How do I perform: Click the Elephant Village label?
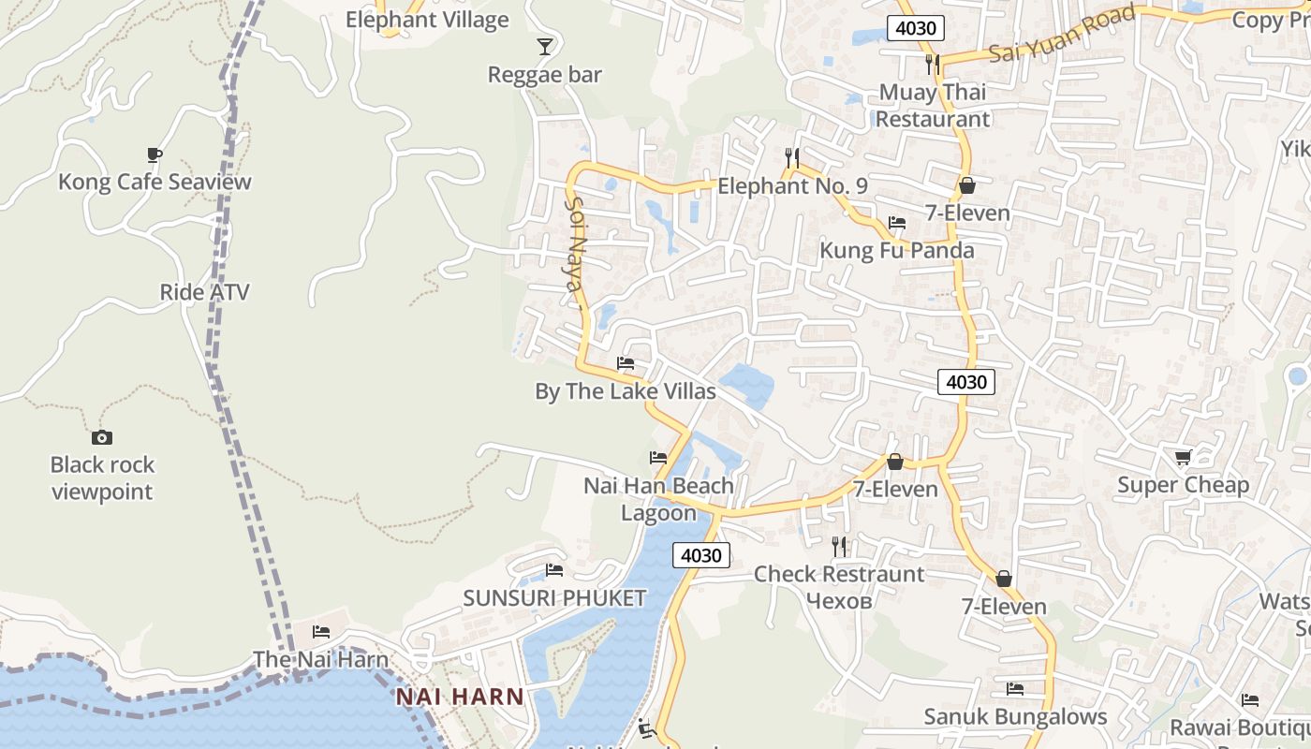(427, 20)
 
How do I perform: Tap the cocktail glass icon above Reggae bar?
(545, 47)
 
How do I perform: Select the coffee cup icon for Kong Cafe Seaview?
(155, 154)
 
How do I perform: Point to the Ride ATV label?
(204, 292)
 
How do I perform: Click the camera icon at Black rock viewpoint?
(101, 437)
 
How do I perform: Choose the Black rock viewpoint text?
(102, 477)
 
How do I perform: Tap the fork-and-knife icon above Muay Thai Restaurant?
(932, 64)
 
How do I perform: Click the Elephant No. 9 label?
(792, 186)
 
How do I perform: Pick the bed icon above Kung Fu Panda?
(897, 223)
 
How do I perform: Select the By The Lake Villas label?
(625, 391)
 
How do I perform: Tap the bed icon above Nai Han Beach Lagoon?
(658, 458)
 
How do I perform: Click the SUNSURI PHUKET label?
(554, 598)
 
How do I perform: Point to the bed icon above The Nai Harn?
(321, 632)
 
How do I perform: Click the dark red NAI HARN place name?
(459, 697)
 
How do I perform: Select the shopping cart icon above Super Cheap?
(1184, 457)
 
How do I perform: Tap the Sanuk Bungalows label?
(1015, 717)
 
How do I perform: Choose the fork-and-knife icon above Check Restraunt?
(839, 546)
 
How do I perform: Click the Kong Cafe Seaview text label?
(155, 182)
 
